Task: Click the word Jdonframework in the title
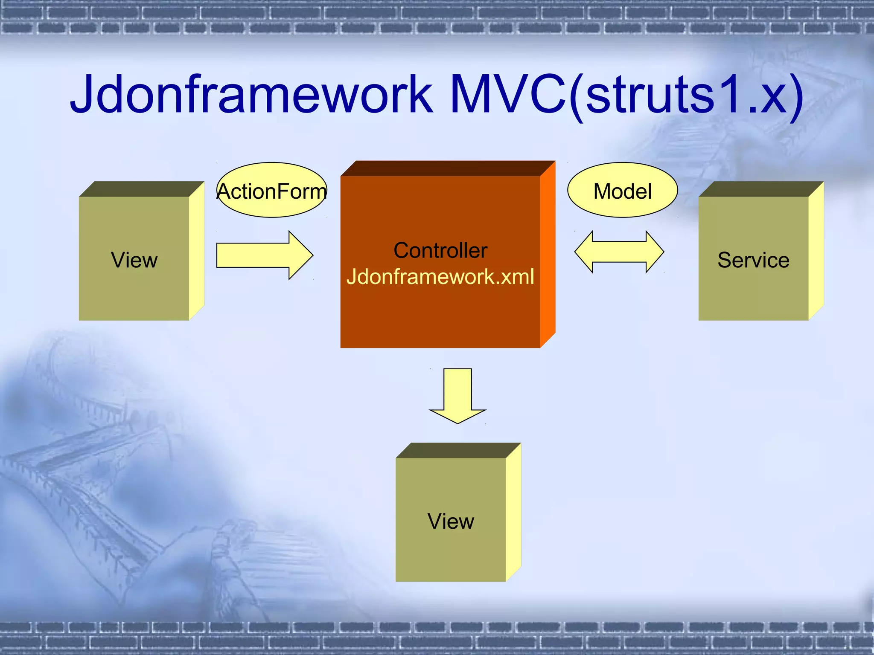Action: (252, 95)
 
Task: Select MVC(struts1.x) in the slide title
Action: (626, 95)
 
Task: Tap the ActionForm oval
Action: (272, 191)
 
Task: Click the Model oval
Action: (623, 191)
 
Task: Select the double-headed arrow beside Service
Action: (619, 252)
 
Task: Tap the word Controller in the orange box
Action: (440, 250)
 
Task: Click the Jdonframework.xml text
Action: (440, 277)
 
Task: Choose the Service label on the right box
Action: (753, 260)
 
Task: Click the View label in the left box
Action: (134, 260)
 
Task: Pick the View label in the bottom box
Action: (451, 522)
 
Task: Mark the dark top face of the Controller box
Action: (448, 168)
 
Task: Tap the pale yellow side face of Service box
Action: (816, 252)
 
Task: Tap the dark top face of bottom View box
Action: (458, 450)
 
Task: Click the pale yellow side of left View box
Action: (197, 252)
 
